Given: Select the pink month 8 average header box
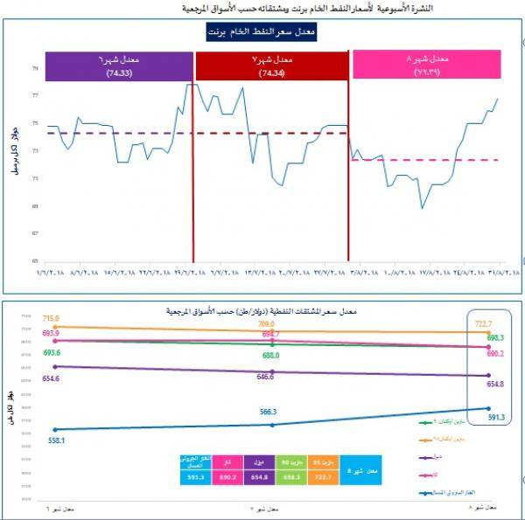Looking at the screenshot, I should [x=425, y=65].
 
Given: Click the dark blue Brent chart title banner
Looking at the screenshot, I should [x=262, y=32].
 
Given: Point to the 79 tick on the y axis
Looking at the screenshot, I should [x=35, y=67].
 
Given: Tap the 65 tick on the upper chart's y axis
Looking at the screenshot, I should [x=35, y=260].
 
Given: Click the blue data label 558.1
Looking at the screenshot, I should [x=57, y=440].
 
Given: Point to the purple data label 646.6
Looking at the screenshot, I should [x=266, y=377].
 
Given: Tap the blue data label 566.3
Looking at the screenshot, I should [x=268, y=412].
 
